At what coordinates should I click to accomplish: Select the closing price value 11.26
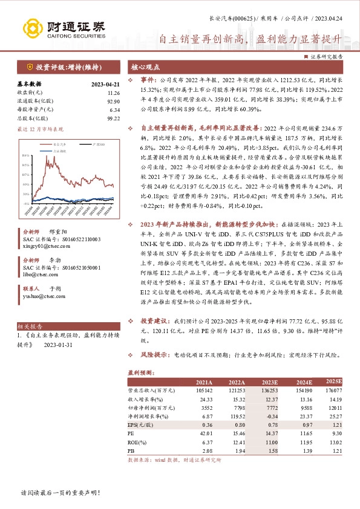[114, 93]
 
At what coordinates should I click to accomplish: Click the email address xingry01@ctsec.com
[46, 247]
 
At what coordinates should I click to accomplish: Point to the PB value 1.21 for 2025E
[336, 450]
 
